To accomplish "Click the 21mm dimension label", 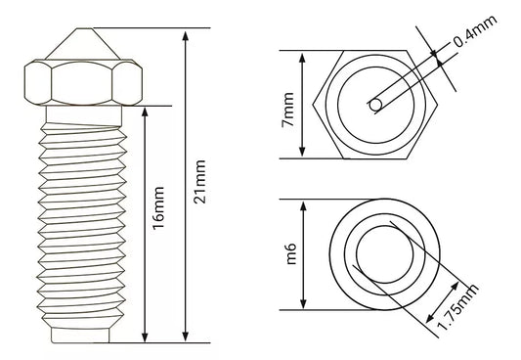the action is tap(200, 182).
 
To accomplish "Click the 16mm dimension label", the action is tap(158, 208).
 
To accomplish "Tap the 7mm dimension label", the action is tap(287, 110).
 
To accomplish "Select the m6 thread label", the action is tap(290, 253).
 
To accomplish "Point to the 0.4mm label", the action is tap(475, 30).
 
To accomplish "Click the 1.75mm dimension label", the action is tap(457, 306).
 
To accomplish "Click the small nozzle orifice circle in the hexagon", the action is tap(375, 105).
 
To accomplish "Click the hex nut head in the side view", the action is tap(83, 82).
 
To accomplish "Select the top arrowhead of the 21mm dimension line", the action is tap(186, 35).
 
